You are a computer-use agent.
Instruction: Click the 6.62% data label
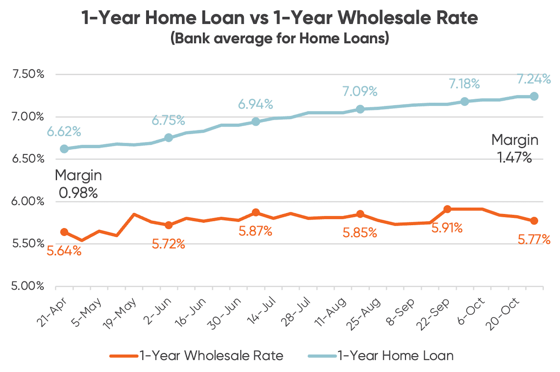pyautogui.click(x=64, y=132)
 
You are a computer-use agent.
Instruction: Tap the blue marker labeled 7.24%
pyautogui.click(x=534, y=96)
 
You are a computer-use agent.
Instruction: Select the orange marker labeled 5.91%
pyautogui.click(x=447, y=209)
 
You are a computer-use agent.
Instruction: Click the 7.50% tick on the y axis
pyautogui.click(x=28, y=74)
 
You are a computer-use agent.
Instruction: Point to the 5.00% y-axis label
pyautogui.click(x=28, y=286)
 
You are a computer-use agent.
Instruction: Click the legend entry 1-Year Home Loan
pyautogui.click(x=395, y=356)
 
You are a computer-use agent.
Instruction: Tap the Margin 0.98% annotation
pyautogui.click(x=78, y=184)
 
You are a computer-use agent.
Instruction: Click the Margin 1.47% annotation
pyautogui.click(x=515, y=148)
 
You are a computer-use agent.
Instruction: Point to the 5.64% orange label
pyautogui.click(x=64, y=250)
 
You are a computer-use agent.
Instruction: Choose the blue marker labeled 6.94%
pyautogui.click(x=256, y=121)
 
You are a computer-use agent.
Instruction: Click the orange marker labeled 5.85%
pyautogui.click(x=360, y=214)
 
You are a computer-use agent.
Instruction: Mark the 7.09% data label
pyautogui.click(x=360, y=91)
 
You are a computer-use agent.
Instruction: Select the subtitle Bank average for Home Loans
pyautogui.click(x=280, y=38)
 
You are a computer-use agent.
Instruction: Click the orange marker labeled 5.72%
pyautogui.click(x=168, y=225)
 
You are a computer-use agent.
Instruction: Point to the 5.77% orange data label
pyautogui.click(x=534, y=240)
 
